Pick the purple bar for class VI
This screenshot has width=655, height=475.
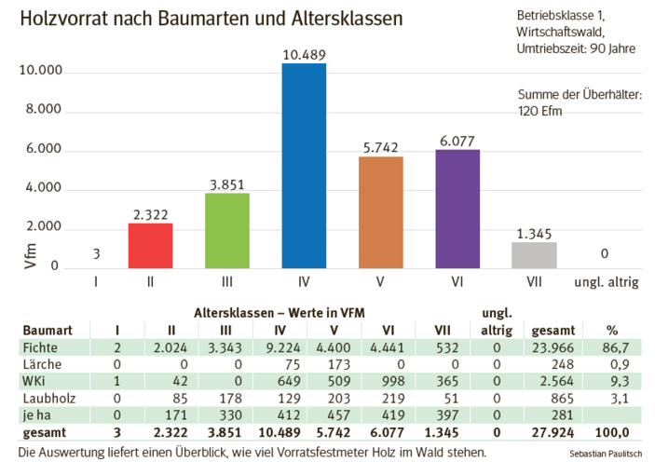coord(457,209)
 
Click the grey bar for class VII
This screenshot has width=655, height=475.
coord(534,255)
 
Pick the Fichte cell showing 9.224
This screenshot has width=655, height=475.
coord(295,347)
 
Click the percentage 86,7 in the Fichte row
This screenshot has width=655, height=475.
coord(615,347)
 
